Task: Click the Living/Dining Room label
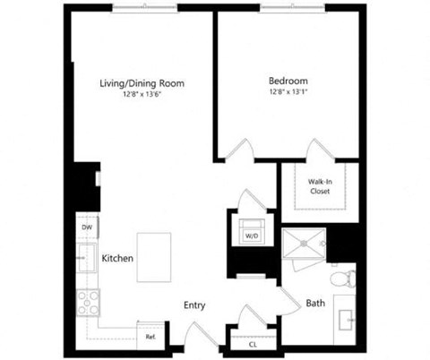tap(142, 83)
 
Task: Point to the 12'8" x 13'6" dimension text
tap(142, 96)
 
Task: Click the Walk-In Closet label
tap(321, 185)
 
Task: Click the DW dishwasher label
tap(87, 227)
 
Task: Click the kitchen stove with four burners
tap(89, 304)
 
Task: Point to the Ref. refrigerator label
tap(150, 337)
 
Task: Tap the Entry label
tap(194, 305)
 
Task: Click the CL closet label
tap(252, 343)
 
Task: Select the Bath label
tap(315, 304)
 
